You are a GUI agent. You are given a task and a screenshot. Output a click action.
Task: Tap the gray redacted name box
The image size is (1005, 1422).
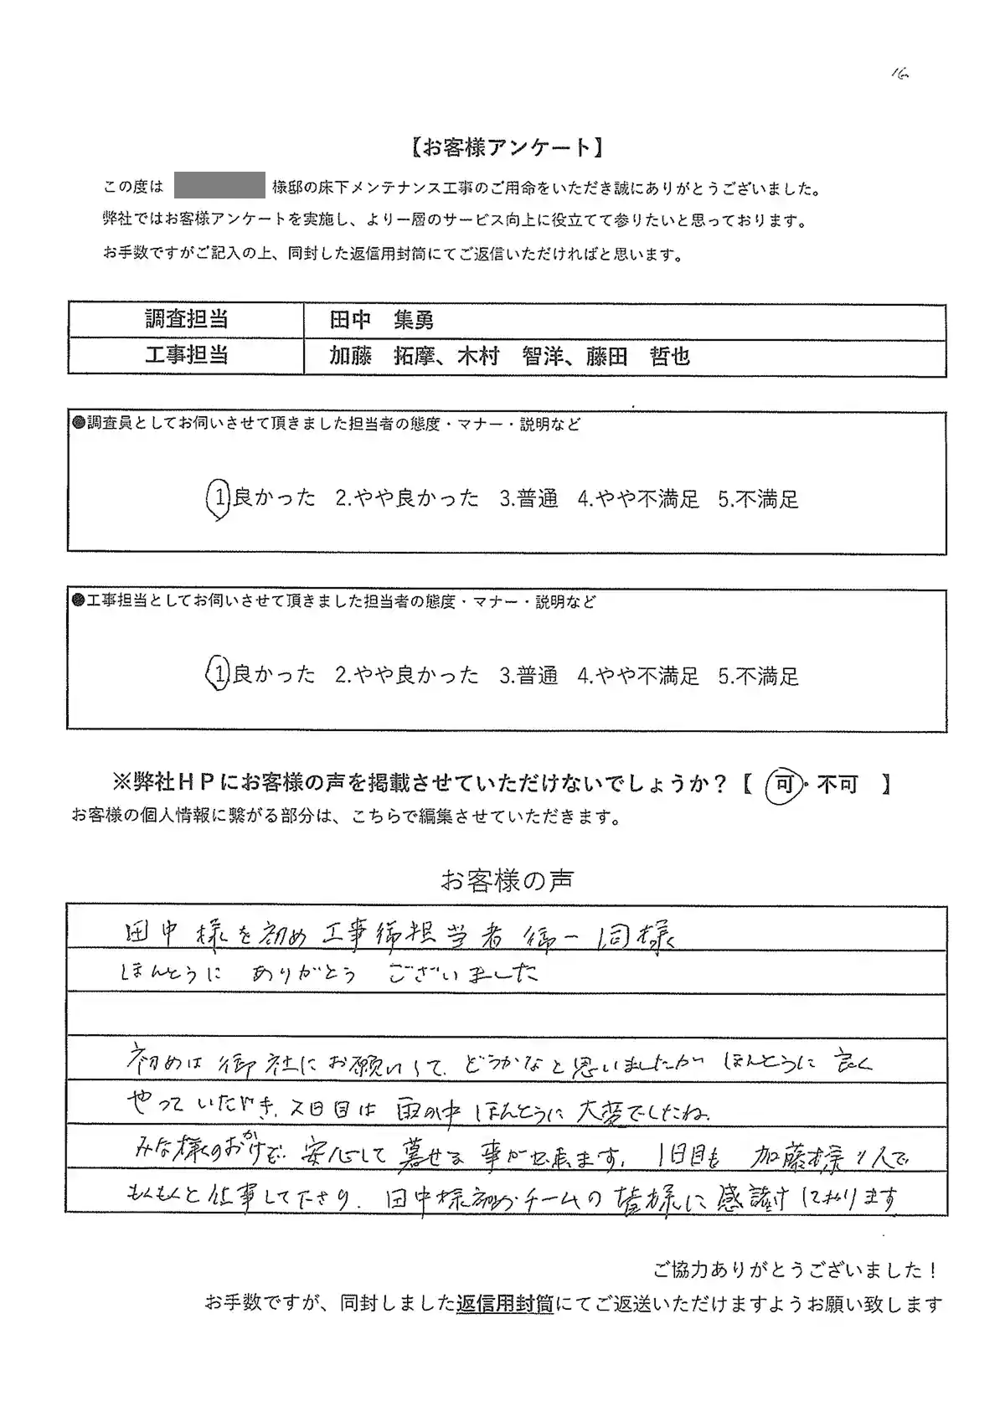pyautogui.click(x=219, y=187)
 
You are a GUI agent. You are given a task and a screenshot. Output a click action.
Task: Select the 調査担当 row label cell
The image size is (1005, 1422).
pyautogui.click(x=186, y=320)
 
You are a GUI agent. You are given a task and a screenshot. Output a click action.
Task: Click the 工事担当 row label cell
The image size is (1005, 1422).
pyautogui.click(x=186, y=356)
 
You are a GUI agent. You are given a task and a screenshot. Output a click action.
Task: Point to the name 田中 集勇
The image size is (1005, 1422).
pyautogui.click(x=381, y=320)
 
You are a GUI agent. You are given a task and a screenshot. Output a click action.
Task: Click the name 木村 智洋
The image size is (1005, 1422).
pyautogui.click(x=510, y=357)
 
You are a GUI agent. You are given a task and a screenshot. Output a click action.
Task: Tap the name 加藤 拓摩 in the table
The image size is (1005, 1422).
pyautogui.click(x=382, y=357)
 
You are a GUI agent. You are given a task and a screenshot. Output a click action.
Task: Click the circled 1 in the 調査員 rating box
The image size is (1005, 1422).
pyautogui.click(x=218, y=499)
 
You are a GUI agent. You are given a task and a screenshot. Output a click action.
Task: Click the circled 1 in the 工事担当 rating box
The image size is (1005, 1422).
pyautogui.click(x=218, y=675)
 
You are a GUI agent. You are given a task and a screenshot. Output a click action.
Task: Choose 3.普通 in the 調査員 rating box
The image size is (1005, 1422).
pyautogui.click(x=528, y=499)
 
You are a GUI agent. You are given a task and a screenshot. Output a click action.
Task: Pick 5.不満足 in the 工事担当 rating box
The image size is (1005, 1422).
pyautogui.click(x=758, y=676)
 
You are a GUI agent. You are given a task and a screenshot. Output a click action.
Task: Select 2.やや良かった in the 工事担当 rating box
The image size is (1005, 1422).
pyautogui.click(x=407, y=675)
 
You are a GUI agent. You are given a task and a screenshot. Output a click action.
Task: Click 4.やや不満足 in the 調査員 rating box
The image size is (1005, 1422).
pyautogui.click(x=638, y=499)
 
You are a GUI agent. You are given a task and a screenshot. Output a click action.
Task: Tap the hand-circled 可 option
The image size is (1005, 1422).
pyautogui.click(x=784, y=785)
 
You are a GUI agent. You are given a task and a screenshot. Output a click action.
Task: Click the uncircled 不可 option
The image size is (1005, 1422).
pyautogui.click(x=837, y=785)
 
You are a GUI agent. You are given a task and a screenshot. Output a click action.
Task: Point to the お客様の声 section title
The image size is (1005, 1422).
pyautogui.click(x=507, y=880)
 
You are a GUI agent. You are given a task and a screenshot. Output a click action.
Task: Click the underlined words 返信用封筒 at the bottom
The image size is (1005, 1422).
pyautogui.click(x=505, y=1304)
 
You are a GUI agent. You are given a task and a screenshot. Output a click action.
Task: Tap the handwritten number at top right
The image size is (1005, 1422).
pyautogui.click(x=899, y=74)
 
